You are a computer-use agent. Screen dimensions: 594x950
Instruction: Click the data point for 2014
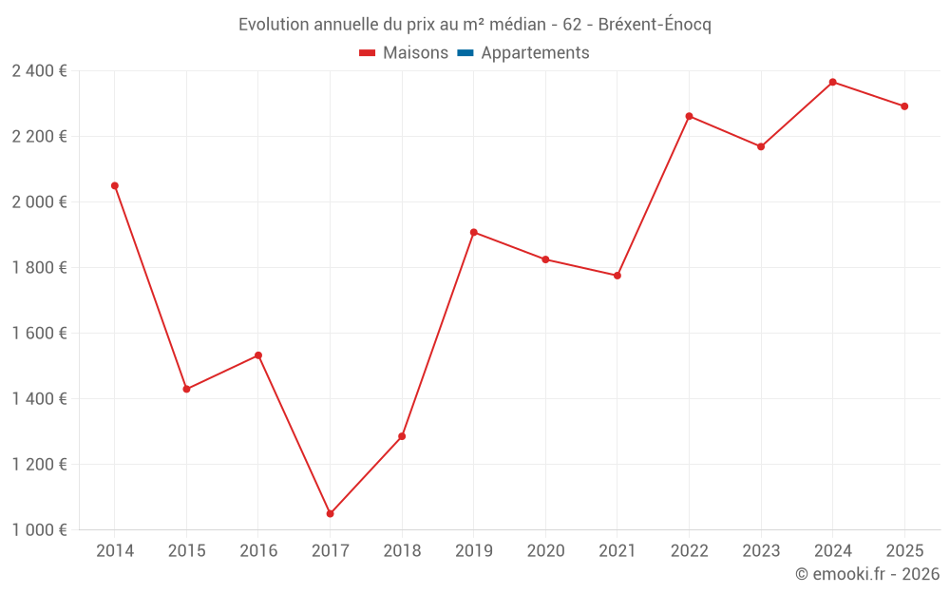[115, 186]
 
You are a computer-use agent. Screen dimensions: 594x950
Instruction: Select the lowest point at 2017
[330, 514]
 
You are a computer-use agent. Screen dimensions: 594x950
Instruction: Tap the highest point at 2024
[832, 82]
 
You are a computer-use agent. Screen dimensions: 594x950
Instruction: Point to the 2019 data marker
[473, 232]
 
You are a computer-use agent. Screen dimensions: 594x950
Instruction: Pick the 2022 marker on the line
[689, 116]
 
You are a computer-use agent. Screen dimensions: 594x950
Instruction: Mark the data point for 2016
[258, 355]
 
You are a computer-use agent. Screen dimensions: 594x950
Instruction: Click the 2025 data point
[904, 106]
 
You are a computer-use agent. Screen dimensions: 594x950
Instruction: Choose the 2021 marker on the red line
[617, 276]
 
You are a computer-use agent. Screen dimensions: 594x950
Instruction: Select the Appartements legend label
[535, 53]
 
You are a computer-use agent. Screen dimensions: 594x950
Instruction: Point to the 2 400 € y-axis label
[39, 71]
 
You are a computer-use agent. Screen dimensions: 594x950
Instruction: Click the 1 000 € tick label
[39, 530]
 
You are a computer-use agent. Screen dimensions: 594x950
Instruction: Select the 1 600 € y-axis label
[39, 334]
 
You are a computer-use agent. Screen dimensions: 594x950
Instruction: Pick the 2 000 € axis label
[39, 202]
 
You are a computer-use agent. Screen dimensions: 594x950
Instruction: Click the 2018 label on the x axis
[402, 551]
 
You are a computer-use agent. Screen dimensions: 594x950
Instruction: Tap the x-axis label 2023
[761, 551]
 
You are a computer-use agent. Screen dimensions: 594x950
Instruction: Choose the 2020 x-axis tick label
[545, 551]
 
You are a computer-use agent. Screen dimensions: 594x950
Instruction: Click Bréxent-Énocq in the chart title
[655, 25]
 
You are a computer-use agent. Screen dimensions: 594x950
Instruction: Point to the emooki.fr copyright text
[866, 574]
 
